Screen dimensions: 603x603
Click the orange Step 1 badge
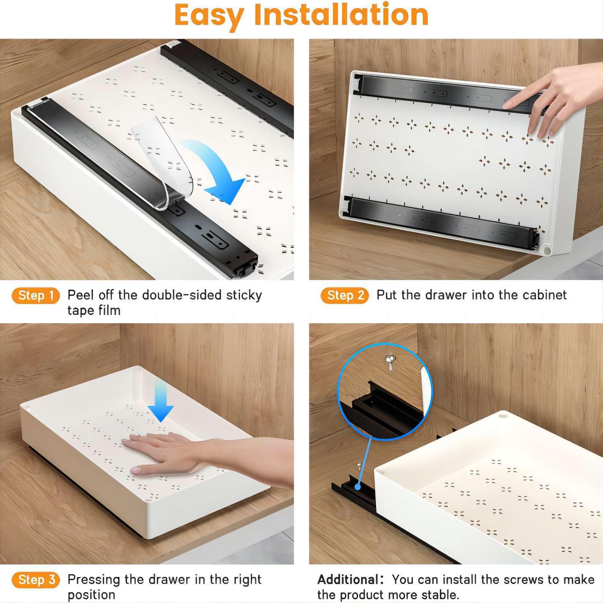[36, 295]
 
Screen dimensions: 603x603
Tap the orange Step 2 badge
[345, 295]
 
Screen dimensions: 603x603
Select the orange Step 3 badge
[36, 580]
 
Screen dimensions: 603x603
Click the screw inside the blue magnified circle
[389, 361]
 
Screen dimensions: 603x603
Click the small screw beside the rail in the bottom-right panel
[359, 466]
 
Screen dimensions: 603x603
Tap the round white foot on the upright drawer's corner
[547, 250]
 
